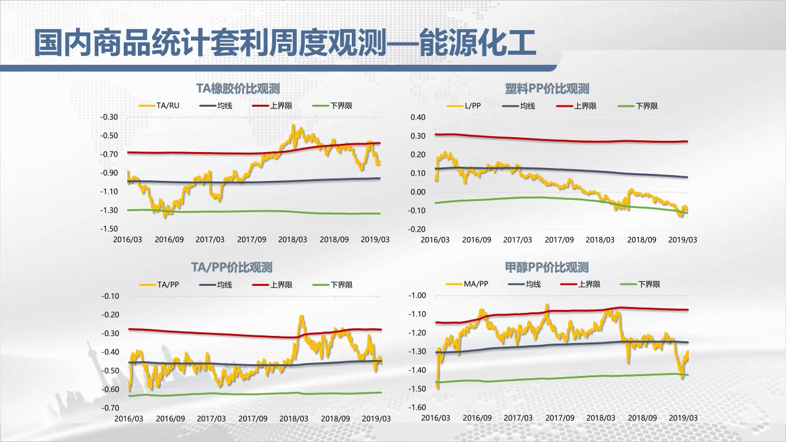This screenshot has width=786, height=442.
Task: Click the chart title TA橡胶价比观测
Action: [x=237, y=88]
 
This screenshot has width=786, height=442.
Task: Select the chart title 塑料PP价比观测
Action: [x=547, y=88]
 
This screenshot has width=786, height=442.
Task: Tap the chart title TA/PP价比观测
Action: [x=232, y=268]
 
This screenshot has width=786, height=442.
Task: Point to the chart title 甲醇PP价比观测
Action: [x=547, y=268]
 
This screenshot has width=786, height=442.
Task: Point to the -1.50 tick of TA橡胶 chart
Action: [x=110, y=229]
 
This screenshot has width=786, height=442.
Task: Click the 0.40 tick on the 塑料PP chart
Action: [x=417, y=117]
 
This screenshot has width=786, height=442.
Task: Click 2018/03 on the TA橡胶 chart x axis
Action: [x=293, y=240]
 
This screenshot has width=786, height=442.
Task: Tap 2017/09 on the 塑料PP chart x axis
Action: [x=559, y=240]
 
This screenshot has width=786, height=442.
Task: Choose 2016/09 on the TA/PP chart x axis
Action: [x=170, y=418]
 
